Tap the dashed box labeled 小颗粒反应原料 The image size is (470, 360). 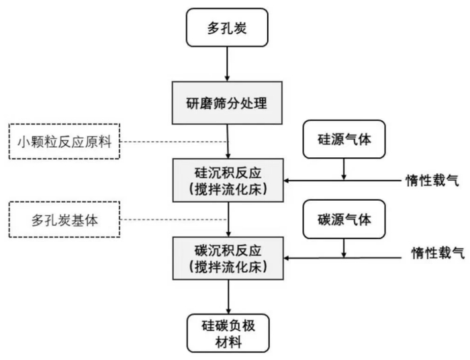coord(64,142)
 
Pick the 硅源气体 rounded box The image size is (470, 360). coord(344,139)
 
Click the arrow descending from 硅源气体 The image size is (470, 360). coord(344,169)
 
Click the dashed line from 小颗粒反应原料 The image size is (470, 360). coord(175,142)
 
